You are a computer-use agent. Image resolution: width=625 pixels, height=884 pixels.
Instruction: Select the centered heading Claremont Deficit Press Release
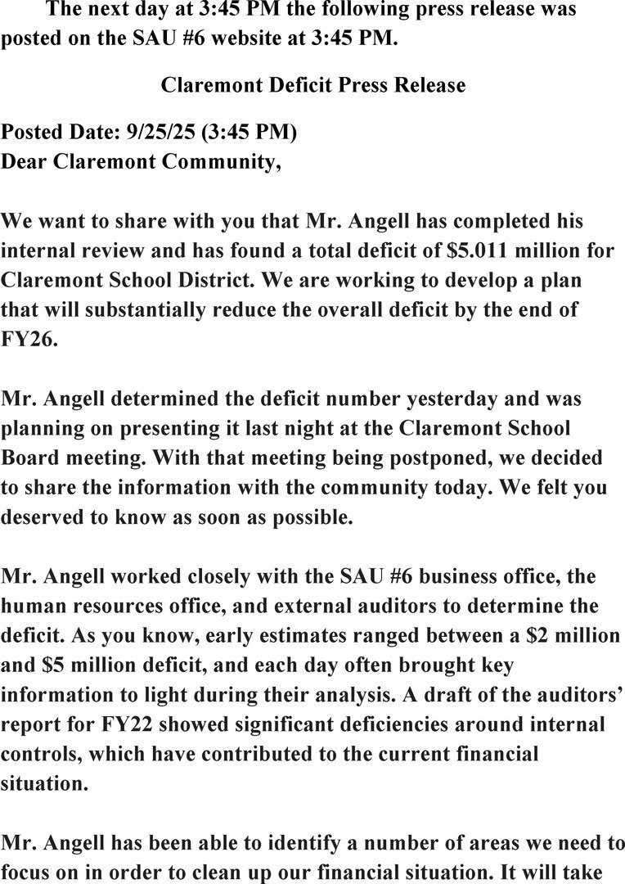pos(313,85)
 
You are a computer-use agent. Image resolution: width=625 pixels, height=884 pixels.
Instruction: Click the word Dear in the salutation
pos(25,162)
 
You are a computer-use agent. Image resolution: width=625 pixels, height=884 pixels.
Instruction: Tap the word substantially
pos(134,310)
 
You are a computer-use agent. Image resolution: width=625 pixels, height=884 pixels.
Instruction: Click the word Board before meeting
pos(31,458)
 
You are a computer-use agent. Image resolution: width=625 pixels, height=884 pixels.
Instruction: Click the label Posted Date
pos(61,133)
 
